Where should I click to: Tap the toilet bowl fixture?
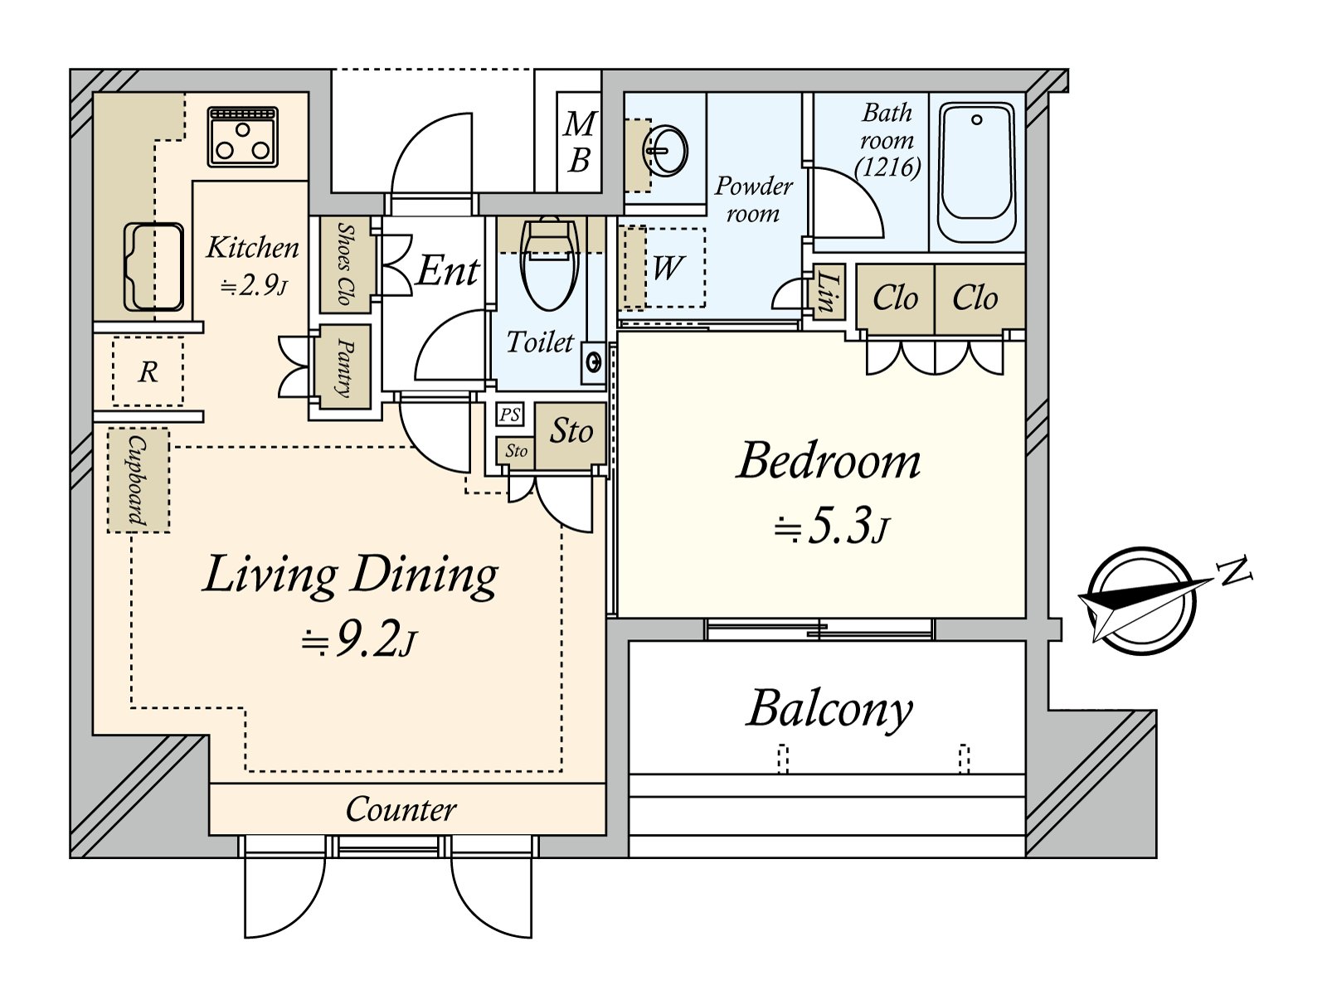tap(549, 264)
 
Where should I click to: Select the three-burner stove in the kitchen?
tap(242, 137)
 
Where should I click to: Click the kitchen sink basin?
tap(153, 266)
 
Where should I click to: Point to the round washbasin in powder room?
tap(666, 150)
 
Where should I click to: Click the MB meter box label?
tap(579, 142)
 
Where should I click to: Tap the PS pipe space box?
tap(509, 415)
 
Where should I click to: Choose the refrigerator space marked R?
tap(148, 371)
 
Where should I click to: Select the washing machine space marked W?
tap(665, 268)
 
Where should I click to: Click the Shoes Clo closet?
tap(345, 265)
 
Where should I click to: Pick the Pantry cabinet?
tap(344, 366)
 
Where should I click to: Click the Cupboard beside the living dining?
tap(139, 480)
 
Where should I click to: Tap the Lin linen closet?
tap(829, 293)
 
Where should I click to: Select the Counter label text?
tap(401, 809)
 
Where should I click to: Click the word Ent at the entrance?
tap(447, 270)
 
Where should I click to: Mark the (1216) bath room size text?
tap(887, 167)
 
